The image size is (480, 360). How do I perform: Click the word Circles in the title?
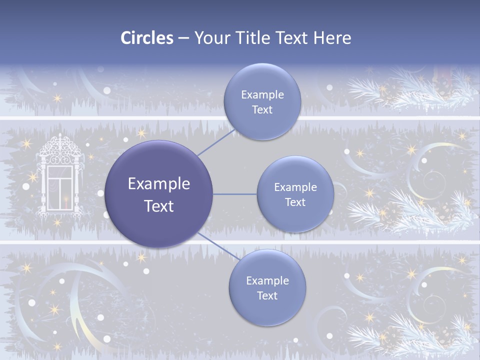click(x=147, y=38)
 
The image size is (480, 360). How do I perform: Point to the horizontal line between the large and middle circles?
click(x=235, y=194)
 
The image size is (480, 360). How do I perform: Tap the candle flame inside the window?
click(x=64, y=200)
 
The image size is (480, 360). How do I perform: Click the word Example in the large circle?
click(x=159, y=184)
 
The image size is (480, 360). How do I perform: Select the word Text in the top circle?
click(x=262, y=110)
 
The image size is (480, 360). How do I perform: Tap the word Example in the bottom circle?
click(x=267, y=280)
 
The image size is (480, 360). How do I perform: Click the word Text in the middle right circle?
click(x=295, y=202)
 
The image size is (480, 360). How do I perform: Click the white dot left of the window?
click(x=26, y=186)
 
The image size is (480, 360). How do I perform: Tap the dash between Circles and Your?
click(x=183, y=38)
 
